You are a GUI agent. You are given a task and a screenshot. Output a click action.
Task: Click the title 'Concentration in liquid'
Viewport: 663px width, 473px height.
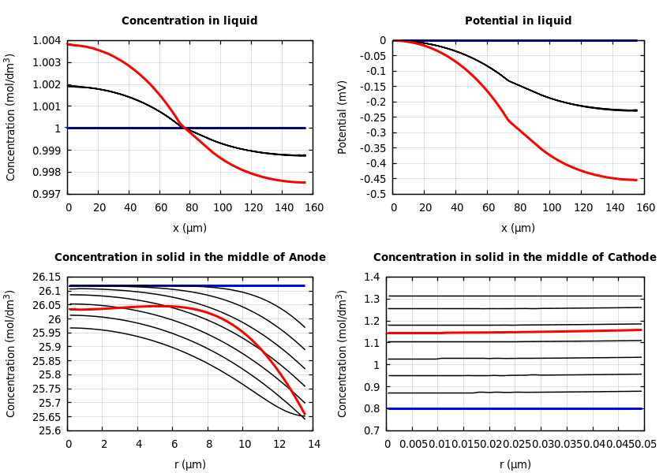[x=189, y=21]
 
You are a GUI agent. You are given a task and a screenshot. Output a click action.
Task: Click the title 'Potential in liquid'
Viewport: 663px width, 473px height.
[x=518, y=21]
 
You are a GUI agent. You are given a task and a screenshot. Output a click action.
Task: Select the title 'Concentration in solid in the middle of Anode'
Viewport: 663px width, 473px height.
[x=189, y=258]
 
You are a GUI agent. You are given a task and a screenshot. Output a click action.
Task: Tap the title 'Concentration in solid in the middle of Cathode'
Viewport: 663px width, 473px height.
[x=515, y=258]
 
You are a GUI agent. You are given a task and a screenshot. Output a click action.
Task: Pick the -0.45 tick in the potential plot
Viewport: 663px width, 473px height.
[x=371, y=179]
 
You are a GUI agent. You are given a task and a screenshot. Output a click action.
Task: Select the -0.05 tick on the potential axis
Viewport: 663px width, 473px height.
[x=371, y=56]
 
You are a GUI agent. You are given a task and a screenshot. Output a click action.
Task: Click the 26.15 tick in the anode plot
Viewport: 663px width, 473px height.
[x=45, y=277]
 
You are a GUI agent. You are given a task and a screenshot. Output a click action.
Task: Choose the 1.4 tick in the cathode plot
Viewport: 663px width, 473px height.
[x=372, y=277]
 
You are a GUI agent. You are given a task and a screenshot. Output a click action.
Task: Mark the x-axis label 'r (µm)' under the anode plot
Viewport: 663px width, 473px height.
[x=190, y=464]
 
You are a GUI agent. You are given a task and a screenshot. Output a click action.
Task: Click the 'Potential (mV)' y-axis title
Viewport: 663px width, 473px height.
[x=343, y=117]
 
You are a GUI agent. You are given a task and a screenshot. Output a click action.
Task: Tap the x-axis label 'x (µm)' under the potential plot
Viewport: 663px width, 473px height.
[x=518, y=228]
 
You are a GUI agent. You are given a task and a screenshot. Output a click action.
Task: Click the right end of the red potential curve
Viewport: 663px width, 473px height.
[x=636, y=180]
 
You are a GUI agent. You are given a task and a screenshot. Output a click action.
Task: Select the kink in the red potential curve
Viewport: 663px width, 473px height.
[x=509, y=121]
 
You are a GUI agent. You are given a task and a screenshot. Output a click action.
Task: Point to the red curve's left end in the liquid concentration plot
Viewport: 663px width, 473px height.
[x=69, y=44]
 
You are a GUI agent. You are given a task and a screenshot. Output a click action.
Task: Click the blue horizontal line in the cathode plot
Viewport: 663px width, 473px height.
[x=513, y=408]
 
